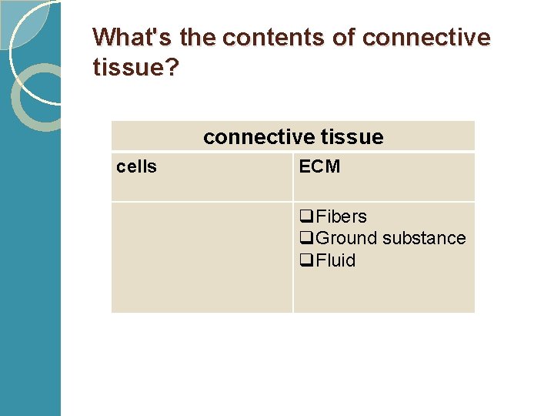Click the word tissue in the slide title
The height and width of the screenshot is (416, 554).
click(x=123, y=69)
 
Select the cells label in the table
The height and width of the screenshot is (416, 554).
click(x=136, y=167)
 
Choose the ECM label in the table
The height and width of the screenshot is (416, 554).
click(x=319, y=167)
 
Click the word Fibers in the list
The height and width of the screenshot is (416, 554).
click(x=341, y=216)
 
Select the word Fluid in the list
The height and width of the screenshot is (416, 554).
click(x=335, y=260)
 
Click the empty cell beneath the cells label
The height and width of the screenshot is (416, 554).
click(x=202, y=257)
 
